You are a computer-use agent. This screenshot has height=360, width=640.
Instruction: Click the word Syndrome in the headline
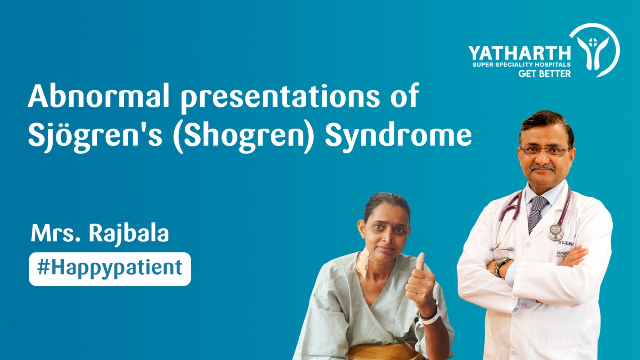click(398, 135)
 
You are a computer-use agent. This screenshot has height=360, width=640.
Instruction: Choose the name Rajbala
click(128, 234)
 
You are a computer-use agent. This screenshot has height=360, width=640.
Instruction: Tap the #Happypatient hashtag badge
click(110, 269)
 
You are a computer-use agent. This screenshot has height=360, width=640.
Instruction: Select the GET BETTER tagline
click(544, 74)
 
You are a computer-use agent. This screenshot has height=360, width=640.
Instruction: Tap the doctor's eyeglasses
click(544, 151)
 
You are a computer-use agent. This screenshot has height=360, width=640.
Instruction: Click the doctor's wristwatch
click(500, 266)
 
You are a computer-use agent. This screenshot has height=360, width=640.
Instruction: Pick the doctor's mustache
click(542, 167)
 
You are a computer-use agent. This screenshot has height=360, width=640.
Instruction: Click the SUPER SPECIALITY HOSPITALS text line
click(521, 64)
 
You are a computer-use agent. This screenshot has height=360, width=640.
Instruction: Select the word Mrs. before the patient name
click(56, 234)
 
